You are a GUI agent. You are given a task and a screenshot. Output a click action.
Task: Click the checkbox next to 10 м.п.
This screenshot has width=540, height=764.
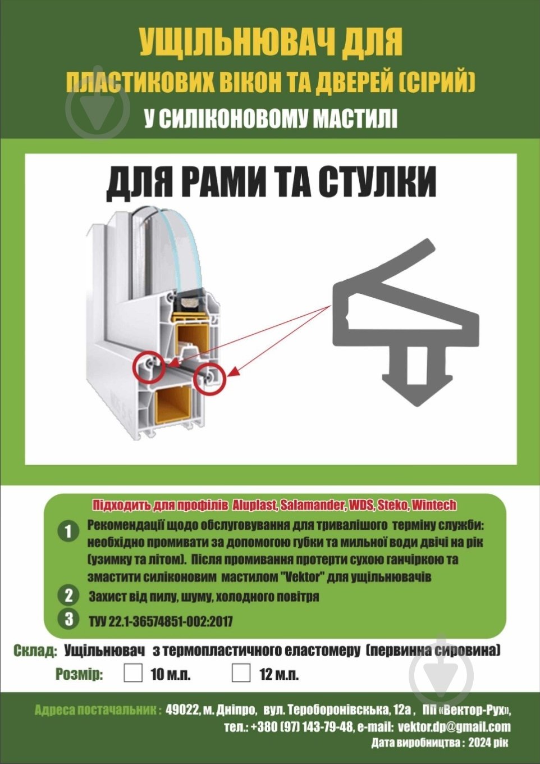tap(133, 673)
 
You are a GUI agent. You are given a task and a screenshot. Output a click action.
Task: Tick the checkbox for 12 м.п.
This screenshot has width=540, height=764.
tap(241, 673)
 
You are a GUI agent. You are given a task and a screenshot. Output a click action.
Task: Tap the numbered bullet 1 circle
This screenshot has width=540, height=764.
tap(68, 531)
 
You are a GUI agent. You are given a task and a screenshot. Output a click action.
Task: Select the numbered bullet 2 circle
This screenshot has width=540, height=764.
tap(68, 595)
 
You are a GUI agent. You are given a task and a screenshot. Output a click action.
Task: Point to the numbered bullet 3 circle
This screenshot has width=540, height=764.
tap(68, 619)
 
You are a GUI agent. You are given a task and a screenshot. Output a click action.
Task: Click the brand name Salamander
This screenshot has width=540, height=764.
tap(312, 504)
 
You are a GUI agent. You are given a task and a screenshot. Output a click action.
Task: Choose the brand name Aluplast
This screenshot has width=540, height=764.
tap(254, 504)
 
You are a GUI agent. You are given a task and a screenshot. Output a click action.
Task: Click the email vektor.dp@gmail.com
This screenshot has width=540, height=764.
tap(454, 726)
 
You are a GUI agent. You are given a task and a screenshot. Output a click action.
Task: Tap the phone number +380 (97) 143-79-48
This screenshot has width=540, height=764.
tap(302, 726)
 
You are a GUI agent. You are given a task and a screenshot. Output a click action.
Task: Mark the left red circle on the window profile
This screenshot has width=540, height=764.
tap(149, 368)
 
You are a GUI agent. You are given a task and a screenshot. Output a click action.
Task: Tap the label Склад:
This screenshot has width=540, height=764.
tap(35, 651)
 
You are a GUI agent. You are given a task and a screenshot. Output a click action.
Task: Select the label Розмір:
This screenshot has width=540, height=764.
tap(79, 674)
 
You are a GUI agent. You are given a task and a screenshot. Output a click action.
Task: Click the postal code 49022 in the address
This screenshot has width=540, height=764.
tap(182, 710)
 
